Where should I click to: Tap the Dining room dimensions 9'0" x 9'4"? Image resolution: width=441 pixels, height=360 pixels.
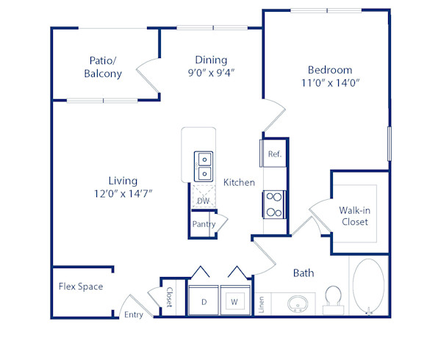[x=210, y=73]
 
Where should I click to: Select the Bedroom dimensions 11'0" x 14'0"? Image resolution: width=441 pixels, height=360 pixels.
[x=330, y=84]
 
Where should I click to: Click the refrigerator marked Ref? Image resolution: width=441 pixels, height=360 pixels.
[x=274, y=154]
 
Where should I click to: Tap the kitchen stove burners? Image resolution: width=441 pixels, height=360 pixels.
[x=274, y=204]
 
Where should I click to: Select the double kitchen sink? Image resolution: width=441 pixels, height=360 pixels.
[x=203, y=166]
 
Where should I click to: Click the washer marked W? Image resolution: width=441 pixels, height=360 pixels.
[x=235, y=301]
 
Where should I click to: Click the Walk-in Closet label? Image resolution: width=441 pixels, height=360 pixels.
[x=354, y=216]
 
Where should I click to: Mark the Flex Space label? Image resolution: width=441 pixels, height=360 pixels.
[x=81, y=287]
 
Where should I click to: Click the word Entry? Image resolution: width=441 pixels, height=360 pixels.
[x=134, y=314]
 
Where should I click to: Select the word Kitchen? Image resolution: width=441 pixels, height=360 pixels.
[x=240, y=182]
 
